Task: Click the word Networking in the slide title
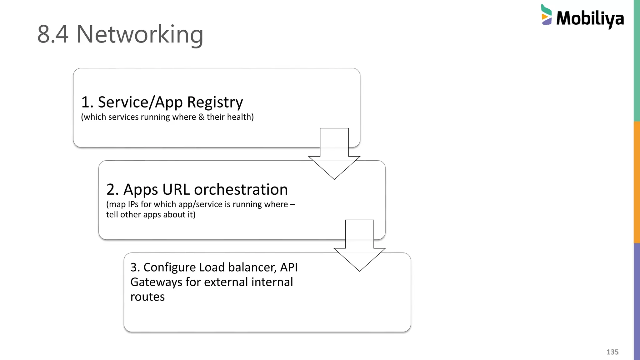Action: [140, 34]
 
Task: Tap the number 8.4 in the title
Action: [52, 34]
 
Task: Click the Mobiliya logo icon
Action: [546, 15]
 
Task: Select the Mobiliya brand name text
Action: [590, 18]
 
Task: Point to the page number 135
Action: [612, 352]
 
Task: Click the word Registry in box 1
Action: [215, 102]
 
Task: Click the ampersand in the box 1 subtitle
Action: [201, 117]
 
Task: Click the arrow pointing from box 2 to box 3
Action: [359, 246]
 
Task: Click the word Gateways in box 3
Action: [156, 282]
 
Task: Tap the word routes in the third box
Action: [147, 297]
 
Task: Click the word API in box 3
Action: [289, 267]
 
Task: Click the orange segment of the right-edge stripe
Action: [637, 182]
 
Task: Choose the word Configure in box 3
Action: [169, 267]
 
